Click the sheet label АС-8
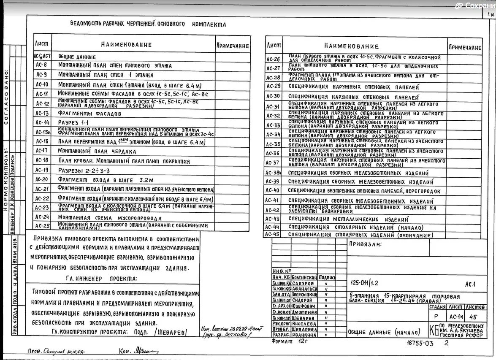41,65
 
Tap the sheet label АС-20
42,180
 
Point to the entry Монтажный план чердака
97,151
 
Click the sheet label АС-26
273,60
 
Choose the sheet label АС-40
273,190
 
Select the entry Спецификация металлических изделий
348,219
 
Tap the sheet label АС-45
273,234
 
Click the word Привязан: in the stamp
365,244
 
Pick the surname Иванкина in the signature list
304,335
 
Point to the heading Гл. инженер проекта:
101,279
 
